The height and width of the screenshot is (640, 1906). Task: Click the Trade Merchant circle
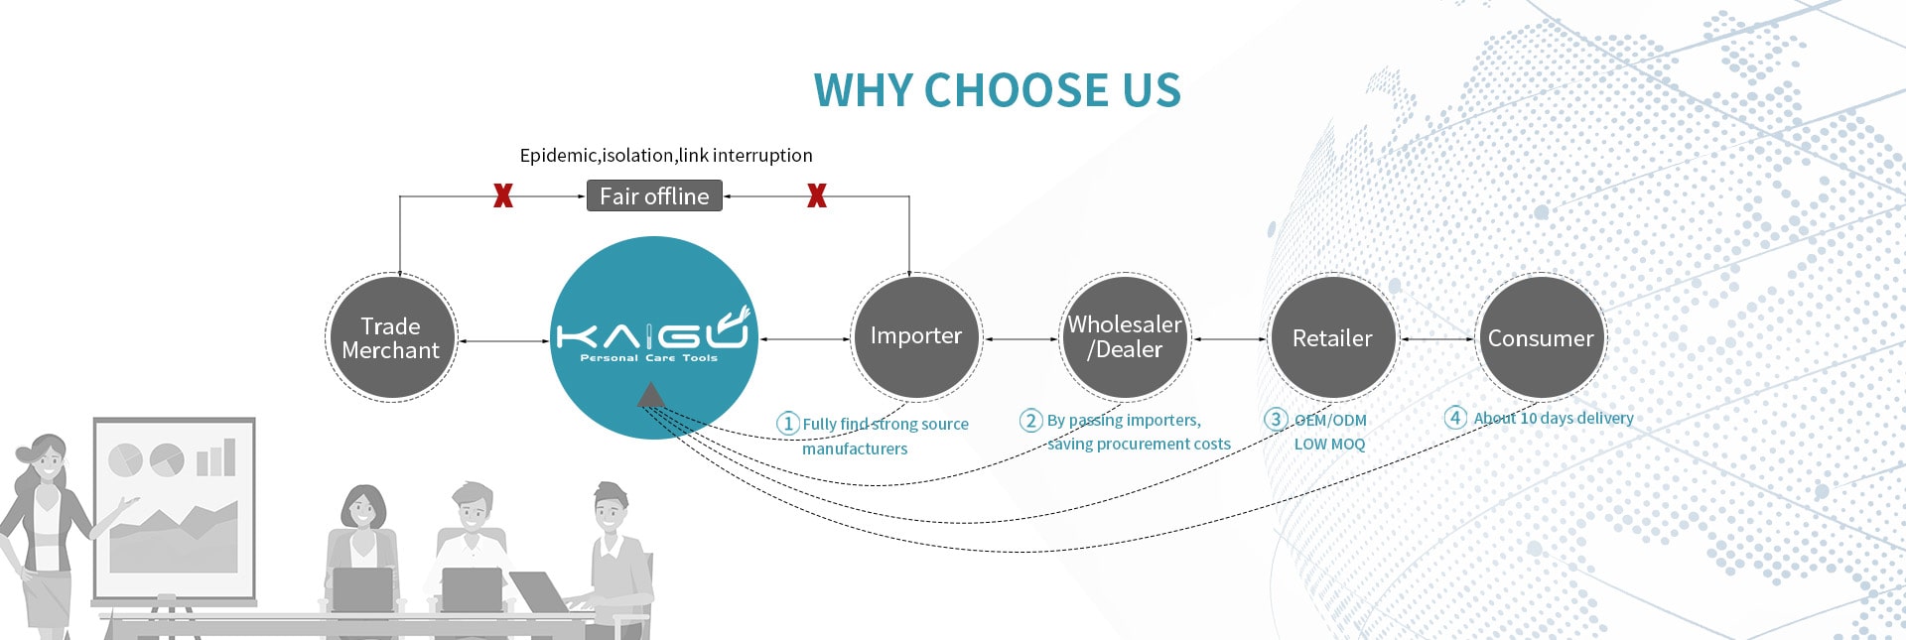point(391,338)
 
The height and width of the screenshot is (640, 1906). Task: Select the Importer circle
point(915,337)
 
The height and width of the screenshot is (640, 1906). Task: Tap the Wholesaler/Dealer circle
point(1125,337)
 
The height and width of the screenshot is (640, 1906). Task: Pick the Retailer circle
point(1332,338)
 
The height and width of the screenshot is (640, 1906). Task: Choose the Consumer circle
point(1540,338)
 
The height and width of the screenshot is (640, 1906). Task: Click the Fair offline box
point(654,196)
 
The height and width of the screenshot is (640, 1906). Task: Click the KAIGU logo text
point(652,333)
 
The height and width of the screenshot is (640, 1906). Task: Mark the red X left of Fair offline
point(503,196)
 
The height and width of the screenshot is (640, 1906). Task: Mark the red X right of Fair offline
point(816,196)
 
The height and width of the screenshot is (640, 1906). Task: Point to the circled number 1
point(787,424)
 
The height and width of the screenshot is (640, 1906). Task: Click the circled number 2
point(1030,421)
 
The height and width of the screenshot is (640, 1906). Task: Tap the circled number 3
point(1276,420)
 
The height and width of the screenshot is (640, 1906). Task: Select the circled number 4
point(1455,418)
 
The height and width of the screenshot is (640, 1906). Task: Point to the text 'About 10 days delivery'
point(1554,419)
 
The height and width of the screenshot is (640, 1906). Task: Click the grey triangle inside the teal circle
point(650,396)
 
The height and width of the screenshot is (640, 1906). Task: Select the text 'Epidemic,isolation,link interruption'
point(666,156)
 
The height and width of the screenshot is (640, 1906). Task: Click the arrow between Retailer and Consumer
point(1436,339)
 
